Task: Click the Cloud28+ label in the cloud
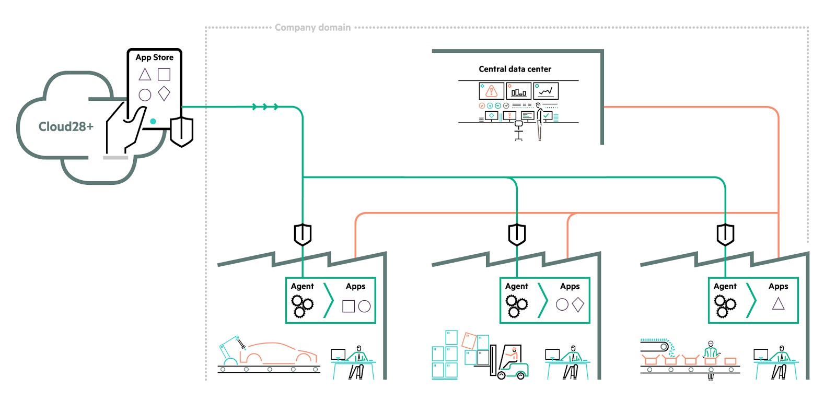coord(66,127)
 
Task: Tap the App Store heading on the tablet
coord(154,57)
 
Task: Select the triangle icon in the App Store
coord(145,74)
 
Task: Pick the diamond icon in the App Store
coord(164,93)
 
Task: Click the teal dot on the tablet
coord(153,121)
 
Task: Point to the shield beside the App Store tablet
coord(181,132)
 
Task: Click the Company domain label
coord(313,28)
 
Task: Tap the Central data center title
coord(515,69)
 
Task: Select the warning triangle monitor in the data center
coord(491,91)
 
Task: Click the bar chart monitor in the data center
coord(519,91)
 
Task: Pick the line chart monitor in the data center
coord(546,91)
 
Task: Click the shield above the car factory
coord(303,234)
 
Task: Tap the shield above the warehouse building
coord(517,234)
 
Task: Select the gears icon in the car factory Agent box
coord(302,306)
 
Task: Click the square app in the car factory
coord(349,306)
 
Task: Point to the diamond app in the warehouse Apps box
coord(578,305)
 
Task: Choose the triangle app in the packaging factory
coord(778,304)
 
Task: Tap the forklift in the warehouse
coord(509,362)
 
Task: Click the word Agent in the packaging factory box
coord(725,286)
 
